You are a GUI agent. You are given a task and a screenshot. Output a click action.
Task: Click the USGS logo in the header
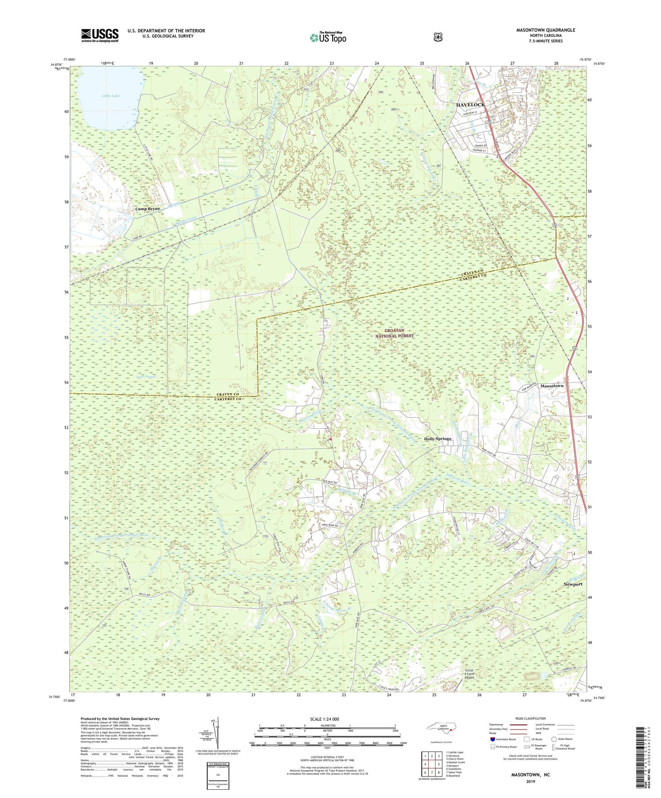(x=100, y=35)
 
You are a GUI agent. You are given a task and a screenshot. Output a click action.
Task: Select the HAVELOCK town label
(x=470, y=105)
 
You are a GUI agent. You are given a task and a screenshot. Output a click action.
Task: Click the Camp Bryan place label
(x=147, y=208)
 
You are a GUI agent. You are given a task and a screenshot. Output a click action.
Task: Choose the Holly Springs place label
(x=437, y=439)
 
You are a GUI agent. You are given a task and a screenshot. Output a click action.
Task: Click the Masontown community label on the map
(x=552, y=386)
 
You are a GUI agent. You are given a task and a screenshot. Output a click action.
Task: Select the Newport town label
(x=573, y=584)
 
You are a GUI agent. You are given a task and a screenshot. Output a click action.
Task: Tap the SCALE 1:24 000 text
(x=324, y=719)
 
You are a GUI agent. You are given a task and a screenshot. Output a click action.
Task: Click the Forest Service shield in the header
(x=438, y=37)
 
